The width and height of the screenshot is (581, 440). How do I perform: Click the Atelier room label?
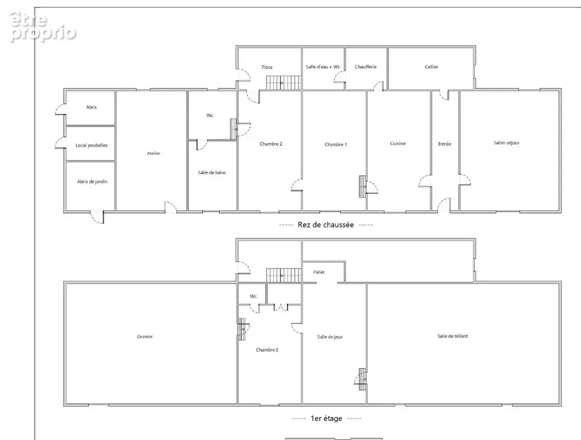pyautogui.click(x=154, y=153)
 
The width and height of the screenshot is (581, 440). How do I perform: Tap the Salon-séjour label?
pyautogui.click(x=507, y=142)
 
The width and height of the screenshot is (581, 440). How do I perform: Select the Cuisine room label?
pyautogui.click(x=398, y=143)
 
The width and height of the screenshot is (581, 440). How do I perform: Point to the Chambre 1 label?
pyautogui.click(x=336, y=144)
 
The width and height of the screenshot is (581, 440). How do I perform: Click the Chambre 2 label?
pyautogui.click(x=271, y=144)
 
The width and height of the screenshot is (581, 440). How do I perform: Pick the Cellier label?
pyautogui.click(x=431, y=67)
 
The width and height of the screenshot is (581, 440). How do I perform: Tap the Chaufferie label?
pyautogui.click(x=365, y=67)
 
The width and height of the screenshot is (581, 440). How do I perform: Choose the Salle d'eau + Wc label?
pyautogui.click(x=323, y=67)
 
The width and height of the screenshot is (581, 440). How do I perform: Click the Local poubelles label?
pyautogui.click(x=91, y=145)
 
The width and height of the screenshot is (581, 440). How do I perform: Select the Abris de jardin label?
pyautogui.click(x=93, y=182)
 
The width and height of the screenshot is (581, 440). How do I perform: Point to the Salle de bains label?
pyautogui.click(x=211, y=173)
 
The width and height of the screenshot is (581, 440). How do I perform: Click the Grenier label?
pyautogui.click(x=145, y=337)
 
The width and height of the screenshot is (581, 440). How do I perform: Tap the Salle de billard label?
pyautogui.click(x=453, y=336)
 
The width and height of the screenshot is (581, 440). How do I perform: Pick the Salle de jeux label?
pyautogui.click(x=330, y=337)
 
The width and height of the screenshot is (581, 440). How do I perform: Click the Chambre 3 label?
pyautogui.click(x=267, y=350)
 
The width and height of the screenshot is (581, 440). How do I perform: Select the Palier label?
pyautogui.click(x=319, y=272)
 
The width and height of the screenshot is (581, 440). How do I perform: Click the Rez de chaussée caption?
pyautogui.click(x=325, y=224)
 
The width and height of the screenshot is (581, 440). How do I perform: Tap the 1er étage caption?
pyautogui.click(x=327, y=419)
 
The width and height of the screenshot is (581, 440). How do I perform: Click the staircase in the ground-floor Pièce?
pyautogui.click(x=284, y=82)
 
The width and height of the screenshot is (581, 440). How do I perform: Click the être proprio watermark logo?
pyautogui.click(x=42, y=26)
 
